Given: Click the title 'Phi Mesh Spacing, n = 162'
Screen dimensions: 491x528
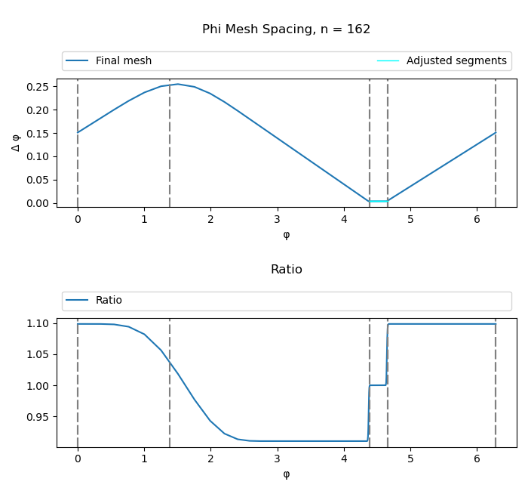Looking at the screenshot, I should click(286, 29).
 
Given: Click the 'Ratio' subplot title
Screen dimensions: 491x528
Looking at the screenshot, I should click(286, 270).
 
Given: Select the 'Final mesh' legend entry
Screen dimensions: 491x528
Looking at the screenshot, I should click(123, 61).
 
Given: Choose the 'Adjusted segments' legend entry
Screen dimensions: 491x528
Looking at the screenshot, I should click(456, 61).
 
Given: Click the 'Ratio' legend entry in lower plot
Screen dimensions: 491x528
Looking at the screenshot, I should click(109, 301).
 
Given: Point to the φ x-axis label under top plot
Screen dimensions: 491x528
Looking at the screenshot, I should click(286, 235).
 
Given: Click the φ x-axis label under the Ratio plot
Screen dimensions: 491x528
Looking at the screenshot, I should click(286, 474).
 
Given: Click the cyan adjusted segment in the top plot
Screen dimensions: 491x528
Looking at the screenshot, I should click(379, 201).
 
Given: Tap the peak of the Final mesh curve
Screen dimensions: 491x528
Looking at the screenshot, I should click(177, 84).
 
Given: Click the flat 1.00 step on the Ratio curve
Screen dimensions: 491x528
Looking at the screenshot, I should click(378, 385).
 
